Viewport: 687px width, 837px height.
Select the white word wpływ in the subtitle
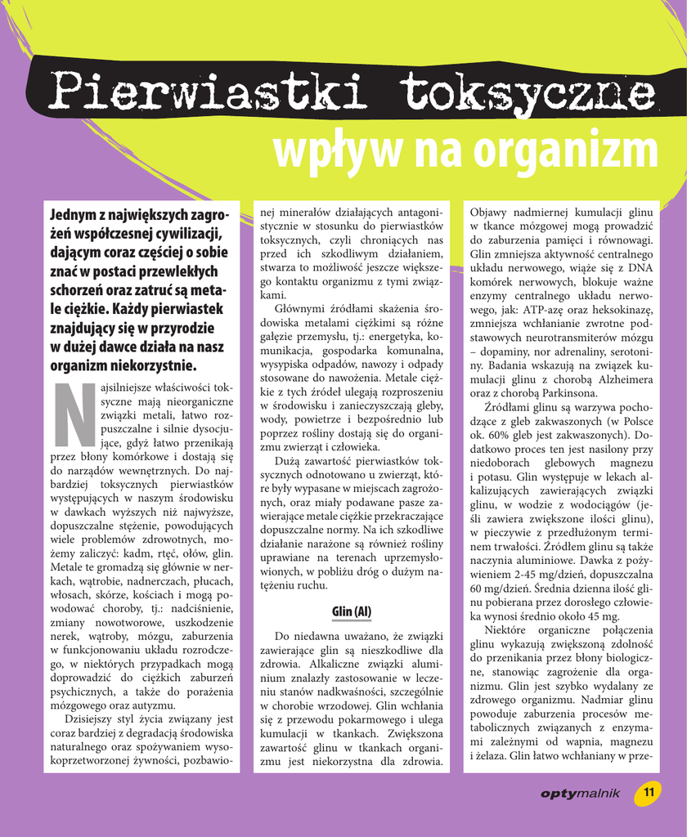pos(335,150)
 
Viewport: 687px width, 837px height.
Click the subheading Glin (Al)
pos(352,611)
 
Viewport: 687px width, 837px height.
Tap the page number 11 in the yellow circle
pos(649,792)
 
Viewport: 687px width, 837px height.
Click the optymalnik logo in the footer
pos(580,793)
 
